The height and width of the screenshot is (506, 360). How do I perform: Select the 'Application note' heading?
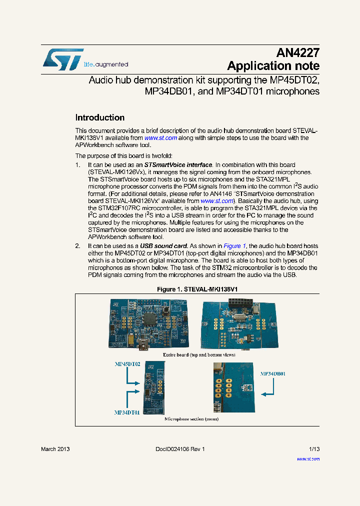pyautogui.click(x=273, y=66)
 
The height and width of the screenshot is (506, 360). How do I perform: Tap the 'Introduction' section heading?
pyautogui.click(x=99, y=118)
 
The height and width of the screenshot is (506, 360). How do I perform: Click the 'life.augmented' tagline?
pyautogui.click(x=105, y=64)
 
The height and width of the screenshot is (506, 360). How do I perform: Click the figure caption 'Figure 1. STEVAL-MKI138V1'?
pyautogui.click(x=197, y=289)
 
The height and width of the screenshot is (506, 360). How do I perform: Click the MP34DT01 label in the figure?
pyautogui.click(x=126, y=412)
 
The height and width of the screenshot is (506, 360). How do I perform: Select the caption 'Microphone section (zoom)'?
pyautogui.click(x=191, y=419)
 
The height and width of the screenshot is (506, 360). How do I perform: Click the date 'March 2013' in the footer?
pyautogui.click(x=55, y=449)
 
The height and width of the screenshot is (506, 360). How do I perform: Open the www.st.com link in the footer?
pyautogui.click(x=308, y=458)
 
